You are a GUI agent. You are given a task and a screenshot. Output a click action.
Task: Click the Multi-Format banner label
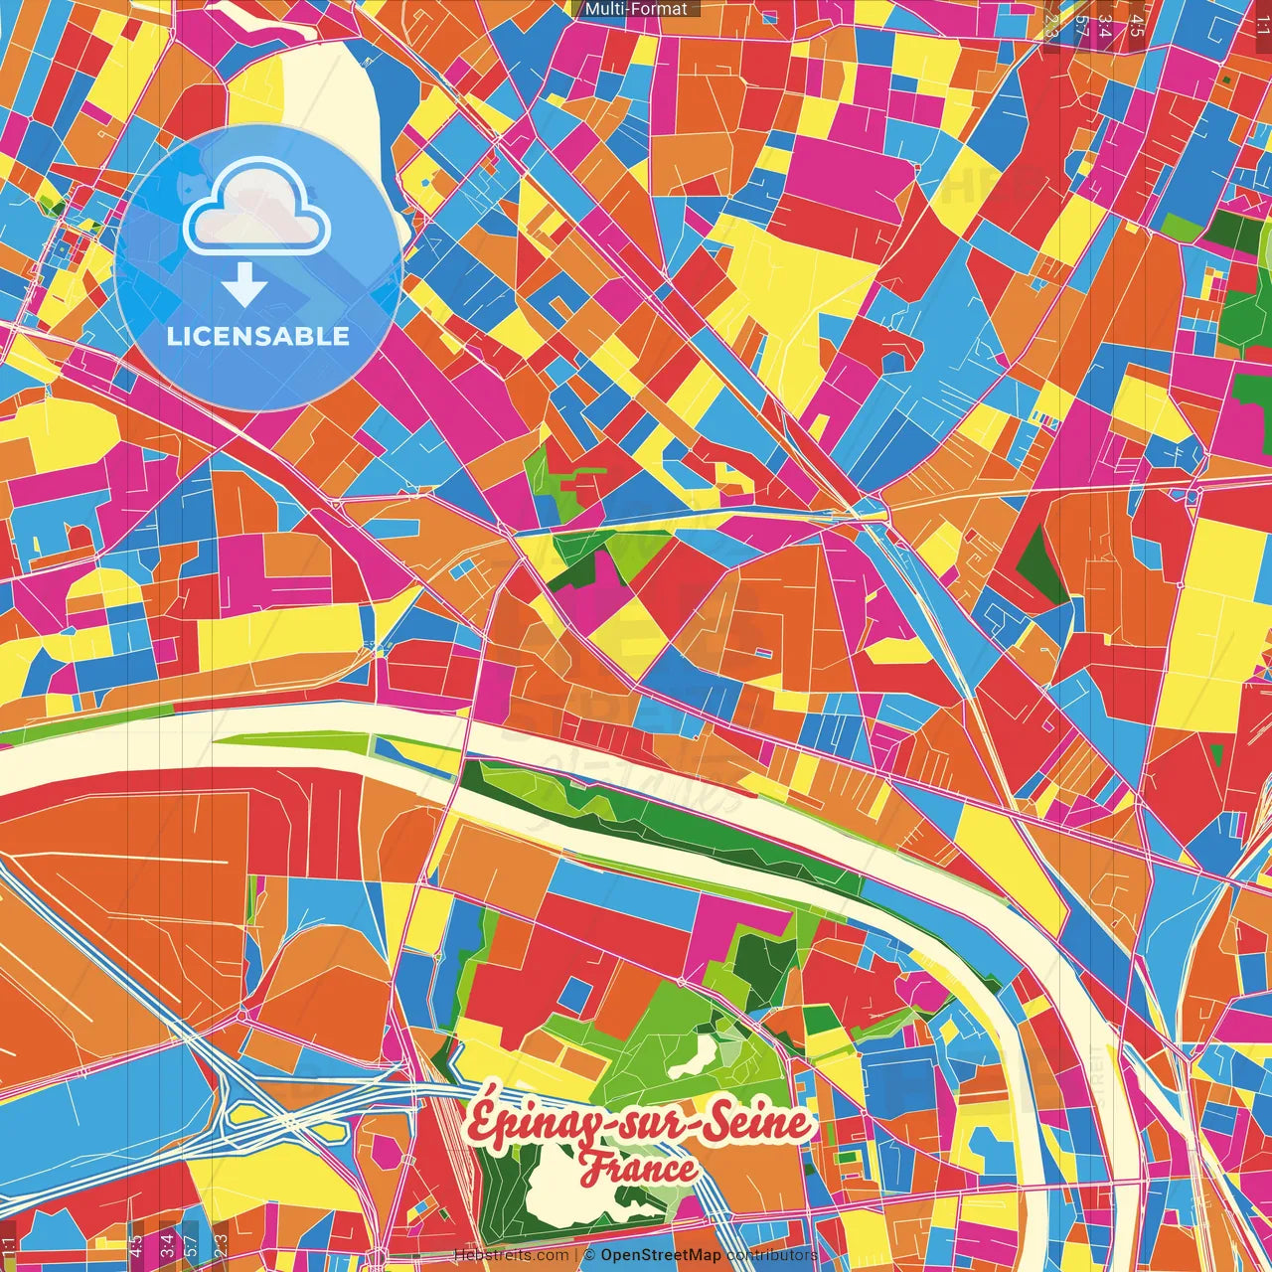pos(636,9)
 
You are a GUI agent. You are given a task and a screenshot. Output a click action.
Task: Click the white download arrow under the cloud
pos(243,285)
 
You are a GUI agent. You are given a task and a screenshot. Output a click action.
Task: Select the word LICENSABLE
pos(258,336)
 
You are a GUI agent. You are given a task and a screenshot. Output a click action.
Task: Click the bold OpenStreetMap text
pos(660,1255)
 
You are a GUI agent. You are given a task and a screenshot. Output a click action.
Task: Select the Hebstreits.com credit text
pos(511,1255)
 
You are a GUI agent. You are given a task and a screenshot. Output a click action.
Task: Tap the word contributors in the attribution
pos(772,1255)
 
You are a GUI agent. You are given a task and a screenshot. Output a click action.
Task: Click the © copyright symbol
pos(589,1255)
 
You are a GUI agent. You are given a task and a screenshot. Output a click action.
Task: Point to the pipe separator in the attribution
pos(576,1255)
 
